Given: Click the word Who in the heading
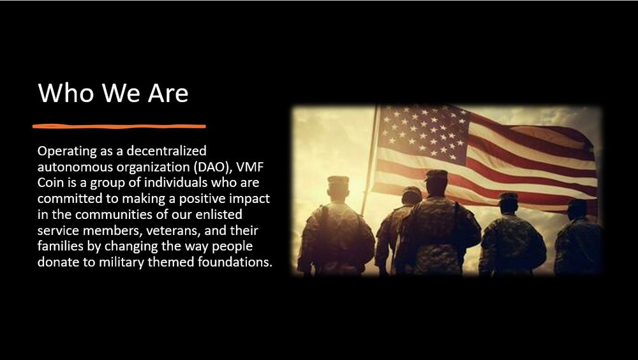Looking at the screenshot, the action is point(66,93).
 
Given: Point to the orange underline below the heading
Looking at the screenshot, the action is point(119,126).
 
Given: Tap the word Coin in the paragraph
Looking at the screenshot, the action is point(51,183).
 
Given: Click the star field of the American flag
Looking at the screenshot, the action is point(424,133).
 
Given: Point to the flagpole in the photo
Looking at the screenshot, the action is point(370,160).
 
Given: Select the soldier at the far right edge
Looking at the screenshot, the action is point(577,238).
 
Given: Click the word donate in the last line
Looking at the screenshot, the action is point(58,262).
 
